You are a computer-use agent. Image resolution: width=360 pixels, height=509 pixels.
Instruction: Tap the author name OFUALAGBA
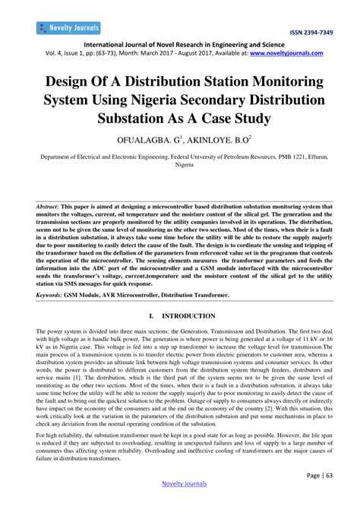[158, 142]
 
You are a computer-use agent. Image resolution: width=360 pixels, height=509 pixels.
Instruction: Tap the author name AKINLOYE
[222, 142]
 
